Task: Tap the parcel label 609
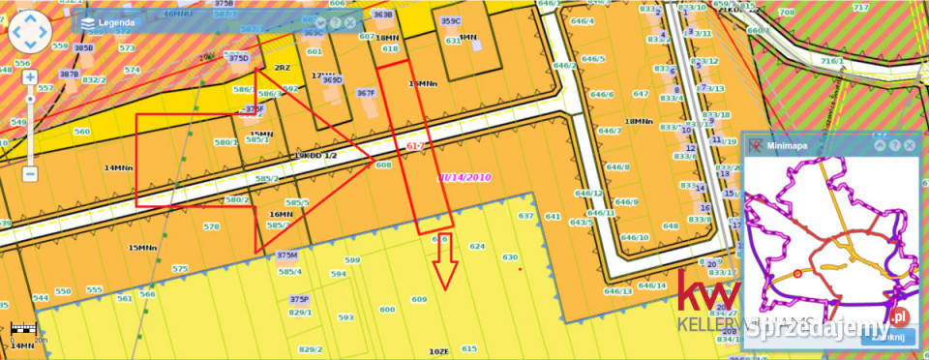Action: (419, 300)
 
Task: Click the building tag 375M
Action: (286, 255)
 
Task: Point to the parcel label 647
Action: (641, 94)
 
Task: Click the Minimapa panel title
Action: (788, 145)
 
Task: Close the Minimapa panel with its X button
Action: (911, 145)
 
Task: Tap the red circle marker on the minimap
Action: (797, 274)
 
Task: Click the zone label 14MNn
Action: (117, 167)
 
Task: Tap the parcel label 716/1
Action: (832, 60)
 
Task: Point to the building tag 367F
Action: (365, 93)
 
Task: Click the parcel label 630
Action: (510, 257)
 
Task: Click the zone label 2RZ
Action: (283, 68)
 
